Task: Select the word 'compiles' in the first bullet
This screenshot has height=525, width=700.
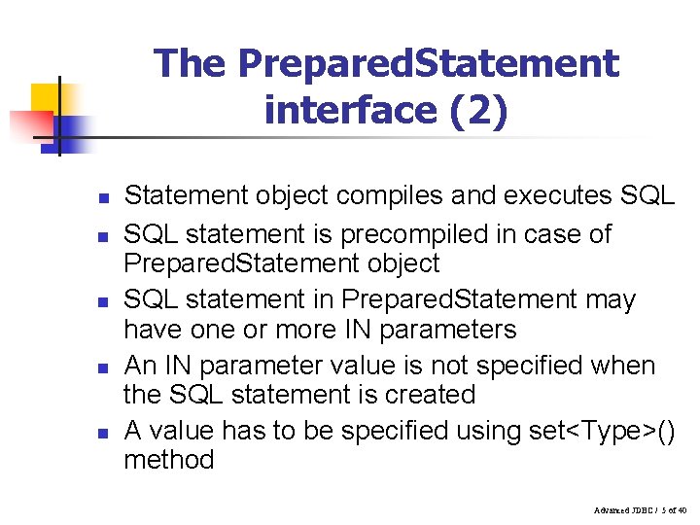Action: (376, 195)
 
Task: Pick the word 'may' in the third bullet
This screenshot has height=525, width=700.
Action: (611, 299)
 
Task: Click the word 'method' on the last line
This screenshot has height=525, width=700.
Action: (168, 459)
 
